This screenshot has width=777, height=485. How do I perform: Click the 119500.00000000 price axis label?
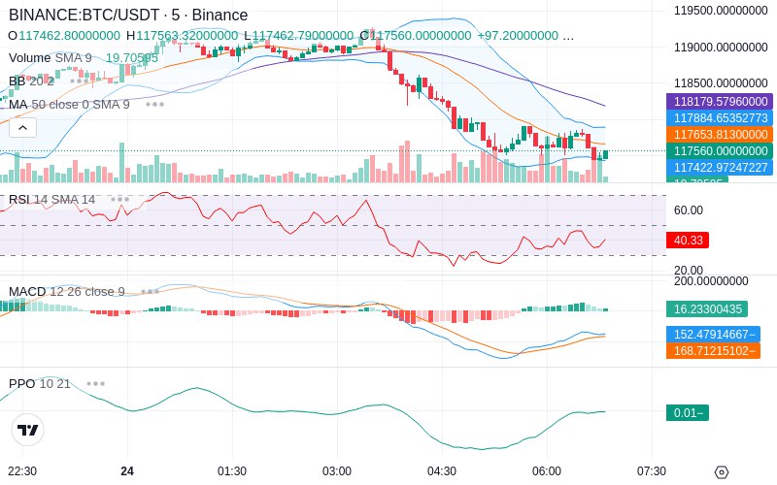[721, 11]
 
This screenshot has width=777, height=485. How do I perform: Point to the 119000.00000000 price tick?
[721, 47]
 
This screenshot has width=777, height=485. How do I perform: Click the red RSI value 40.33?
[688, 240]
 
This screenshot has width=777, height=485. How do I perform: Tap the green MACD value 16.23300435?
[707, 309]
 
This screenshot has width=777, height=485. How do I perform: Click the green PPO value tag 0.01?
[687, 413]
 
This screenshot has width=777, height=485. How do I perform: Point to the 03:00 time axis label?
[337, 470]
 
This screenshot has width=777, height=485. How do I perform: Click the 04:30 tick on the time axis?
[442, 470]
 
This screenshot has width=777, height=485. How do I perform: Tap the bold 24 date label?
[127, 470]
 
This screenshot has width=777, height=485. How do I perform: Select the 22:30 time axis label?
[22, 470]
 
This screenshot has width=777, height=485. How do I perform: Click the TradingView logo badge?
[28, 430]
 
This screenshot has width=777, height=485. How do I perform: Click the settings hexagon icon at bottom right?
[721, 472]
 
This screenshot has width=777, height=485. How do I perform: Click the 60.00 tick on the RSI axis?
[689, 210]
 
